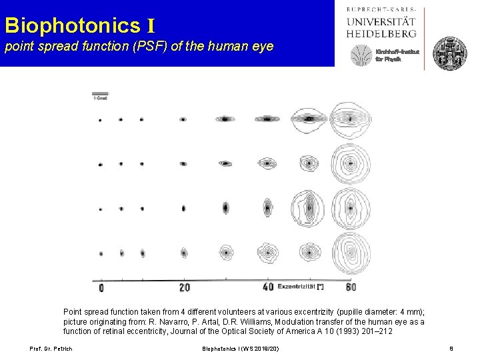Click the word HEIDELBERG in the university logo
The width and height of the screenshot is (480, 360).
pos(382,32)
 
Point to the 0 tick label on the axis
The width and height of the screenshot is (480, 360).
pos(101,287)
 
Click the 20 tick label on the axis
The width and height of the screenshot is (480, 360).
pos(185,287)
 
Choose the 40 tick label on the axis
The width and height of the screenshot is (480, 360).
pos(267,287)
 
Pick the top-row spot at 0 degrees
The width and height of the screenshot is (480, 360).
pos(100,121)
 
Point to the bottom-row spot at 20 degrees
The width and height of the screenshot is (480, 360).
pos(183,253)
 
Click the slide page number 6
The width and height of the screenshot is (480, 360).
pos(451,349)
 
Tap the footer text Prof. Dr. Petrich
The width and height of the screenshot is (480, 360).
pos(50,349)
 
